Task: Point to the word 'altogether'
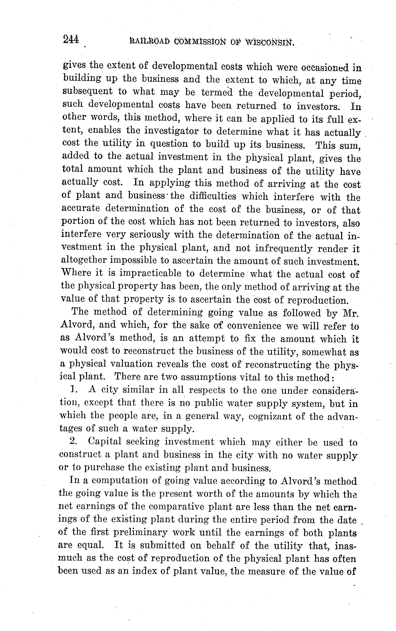83,260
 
